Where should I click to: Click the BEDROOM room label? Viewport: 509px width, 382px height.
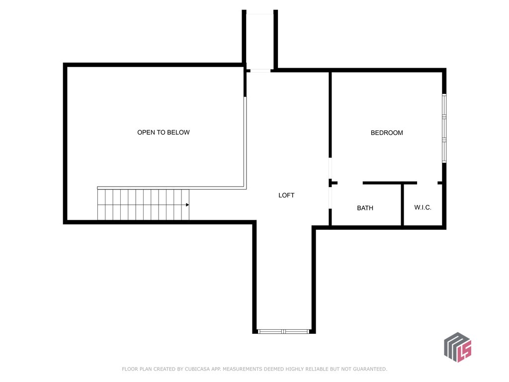pyautogui.click(x=387, y=133)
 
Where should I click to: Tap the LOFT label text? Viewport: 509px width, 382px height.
pyautogui.click(x=286, y=195)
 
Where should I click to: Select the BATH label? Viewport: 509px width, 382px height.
pyautogui.click(x=365, y=208)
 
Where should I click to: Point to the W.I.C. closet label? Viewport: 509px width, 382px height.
pyautogui.click(x=423, y=207)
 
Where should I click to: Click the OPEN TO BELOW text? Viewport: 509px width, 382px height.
pyautogui.click(x=164, y=132)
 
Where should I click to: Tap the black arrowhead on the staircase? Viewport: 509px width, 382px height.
pyautogui.click(x=187, y=204)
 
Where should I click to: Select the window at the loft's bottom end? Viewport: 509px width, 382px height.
pyautogui.click(x=283, y=331)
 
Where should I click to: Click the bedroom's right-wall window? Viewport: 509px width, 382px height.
pyautogui.click(x=444, y=128)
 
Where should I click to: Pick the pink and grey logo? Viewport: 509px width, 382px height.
pyautogui.click(x=457, y=347)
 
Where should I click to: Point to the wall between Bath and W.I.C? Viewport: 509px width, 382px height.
pyautogui.click(x=402, y=205)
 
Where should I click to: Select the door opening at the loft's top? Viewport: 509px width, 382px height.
pyautogui.click(x=260, y=71)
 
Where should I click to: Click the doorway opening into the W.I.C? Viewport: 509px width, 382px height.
pyautogui.click(x=427, y=183)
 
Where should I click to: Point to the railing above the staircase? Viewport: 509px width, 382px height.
pyautogui.click(x=171, y=188)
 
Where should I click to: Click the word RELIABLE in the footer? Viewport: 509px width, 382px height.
pyautogui.click(x=312, y=369)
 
